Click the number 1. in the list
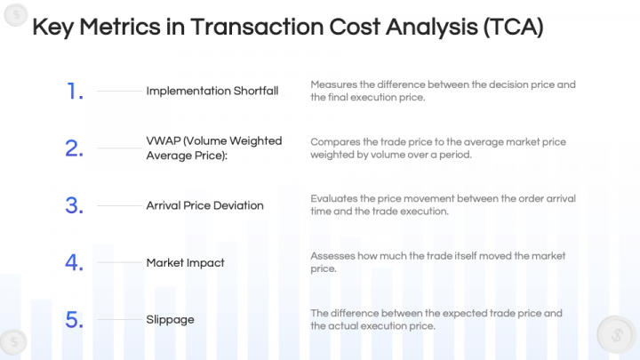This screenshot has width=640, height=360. pyautogui.click(x=74, y=91)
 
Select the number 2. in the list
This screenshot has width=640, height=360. pyautogui.click(x=74, y=148)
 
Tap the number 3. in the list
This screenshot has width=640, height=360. pyautogui.click(x=74, y=205)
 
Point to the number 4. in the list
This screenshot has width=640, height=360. pyautogui.click(x=74, y=262)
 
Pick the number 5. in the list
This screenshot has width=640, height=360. pyautogui.click(x=74, y=319)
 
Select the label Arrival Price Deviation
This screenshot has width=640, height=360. pyautogui.click(x=204, y=205)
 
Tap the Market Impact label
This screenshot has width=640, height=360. pyautogui.click(x=185, y=262)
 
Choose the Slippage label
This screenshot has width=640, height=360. pyautogui.click(x=170, y=319)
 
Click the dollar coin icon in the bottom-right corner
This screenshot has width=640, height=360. pyautogui.click(x=615, y=335)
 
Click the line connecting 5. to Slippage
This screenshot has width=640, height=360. pyautogui.click(x=118, y=319)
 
